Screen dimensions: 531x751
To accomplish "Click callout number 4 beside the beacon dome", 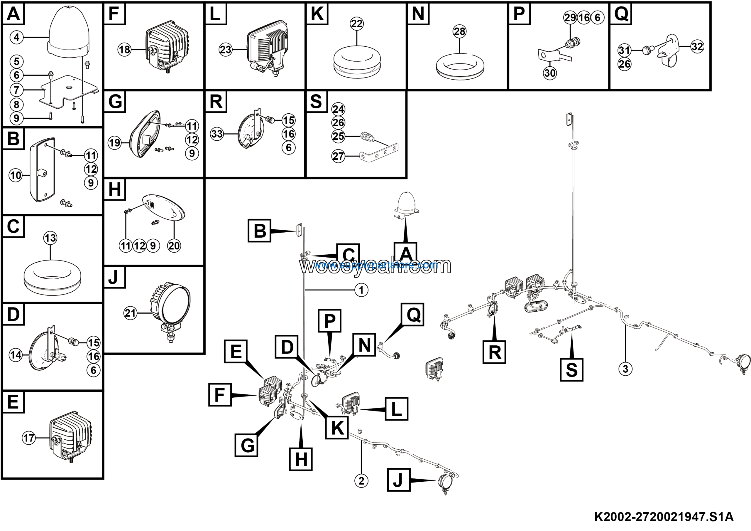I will point(17,37).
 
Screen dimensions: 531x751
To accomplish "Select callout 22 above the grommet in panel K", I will point(356,23).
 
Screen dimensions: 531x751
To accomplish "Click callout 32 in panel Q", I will point(697,46).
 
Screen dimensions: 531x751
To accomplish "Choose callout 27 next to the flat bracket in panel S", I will point(338,156).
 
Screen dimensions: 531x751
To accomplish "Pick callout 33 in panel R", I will point(217,134).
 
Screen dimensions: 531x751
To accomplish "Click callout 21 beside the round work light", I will point(130,313).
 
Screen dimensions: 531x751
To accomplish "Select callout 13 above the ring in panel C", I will point(50,238).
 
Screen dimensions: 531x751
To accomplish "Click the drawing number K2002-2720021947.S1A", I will point(664,517).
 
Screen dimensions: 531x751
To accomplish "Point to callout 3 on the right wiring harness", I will point(625,369).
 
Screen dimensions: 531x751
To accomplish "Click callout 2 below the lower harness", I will point(361,481).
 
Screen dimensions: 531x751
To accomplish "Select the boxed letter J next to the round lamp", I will point(399,480).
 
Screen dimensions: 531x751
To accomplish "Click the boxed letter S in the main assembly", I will point(571,369).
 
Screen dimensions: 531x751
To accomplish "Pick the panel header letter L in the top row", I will point(215,14).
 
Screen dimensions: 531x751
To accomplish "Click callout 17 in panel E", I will point(29,438).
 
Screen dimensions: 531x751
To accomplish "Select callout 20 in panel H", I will point(174,246).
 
